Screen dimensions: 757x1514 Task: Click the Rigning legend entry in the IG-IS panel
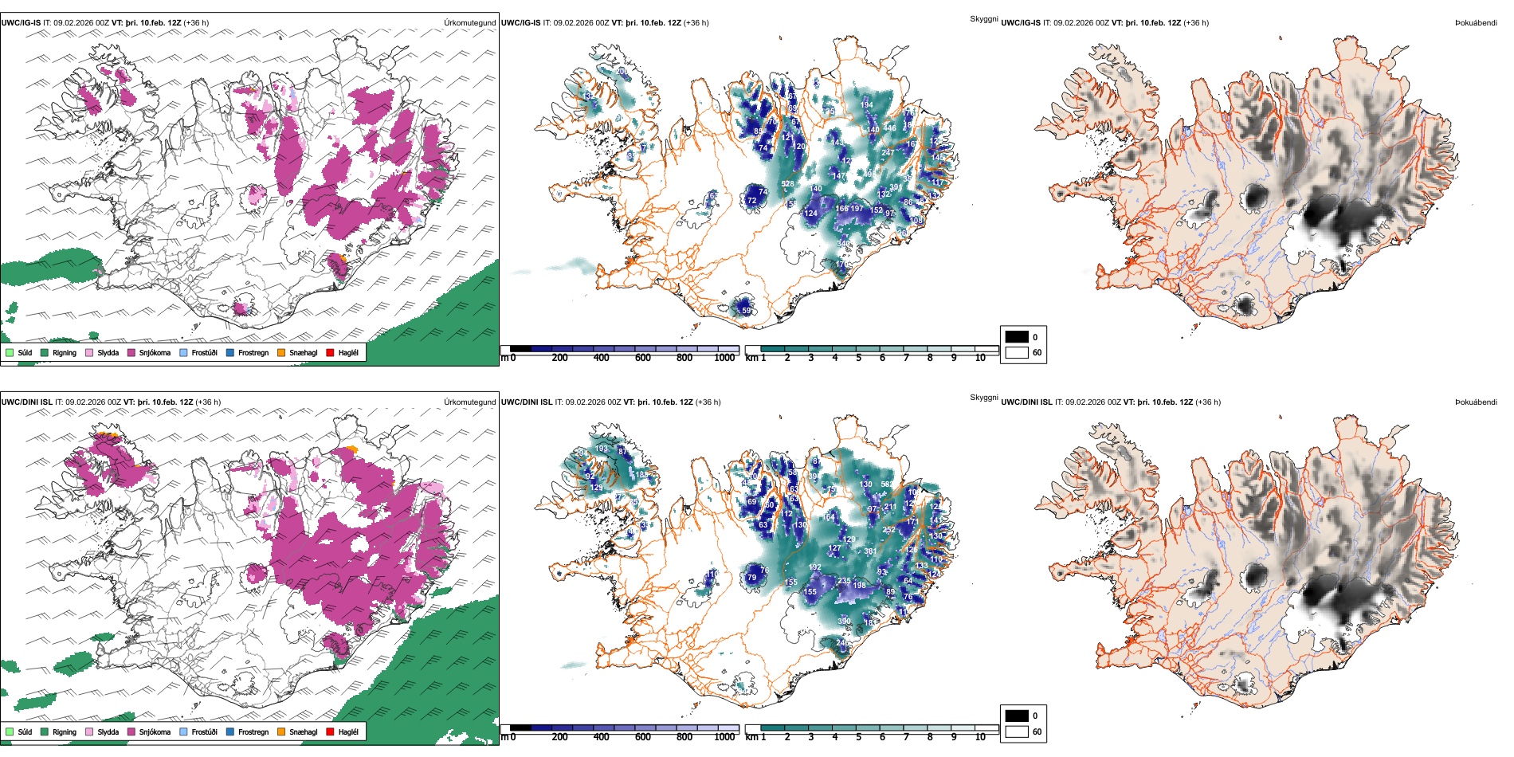tap(65, 353)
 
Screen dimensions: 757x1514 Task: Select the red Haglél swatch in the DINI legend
tap(330, 732)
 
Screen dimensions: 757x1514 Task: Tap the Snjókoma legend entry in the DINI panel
tap(155, 732)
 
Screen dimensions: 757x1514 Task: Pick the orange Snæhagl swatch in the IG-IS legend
tap(281, 353)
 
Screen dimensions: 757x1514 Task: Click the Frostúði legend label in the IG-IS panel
tap(204, 353)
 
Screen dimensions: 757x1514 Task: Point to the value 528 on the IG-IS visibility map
tap(787, 184)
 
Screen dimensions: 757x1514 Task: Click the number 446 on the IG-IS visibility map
tap(889, 128)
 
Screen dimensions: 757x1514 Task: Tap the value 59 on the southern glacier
tap(746, 310)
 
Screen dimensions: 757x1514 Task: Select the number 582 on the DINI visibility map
tap(887, 484)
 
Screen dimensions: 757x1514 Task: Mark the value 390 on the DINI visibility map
tap(844, 622)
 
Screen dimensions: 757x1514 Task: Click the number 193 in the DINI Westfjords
tap(602, 449)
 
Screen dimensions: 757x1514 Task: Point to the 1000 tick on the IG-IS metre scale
tap(724, 358)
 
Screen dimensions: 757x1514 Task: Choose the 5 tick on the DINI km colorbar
tap(859, 737)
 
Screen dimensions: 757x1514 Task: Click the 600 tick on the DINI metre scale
tap(643, 737)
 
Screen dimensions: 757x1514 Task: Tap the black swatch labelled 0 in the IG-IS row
tap(1017, 337)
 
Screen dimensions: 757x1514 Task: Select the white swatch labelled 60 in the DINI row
tap(1017, 732)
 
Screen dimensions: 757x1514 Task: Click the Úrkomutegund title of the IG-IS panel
tap(469, 23)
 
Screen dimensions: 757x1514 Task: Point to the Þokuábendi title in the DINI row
tap(1476, 402)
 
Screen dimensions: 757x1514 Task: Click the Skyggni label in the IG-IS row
tap(983, 19)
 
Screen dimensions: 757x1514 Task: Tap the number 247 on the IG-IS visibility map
tap(888, 153)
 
